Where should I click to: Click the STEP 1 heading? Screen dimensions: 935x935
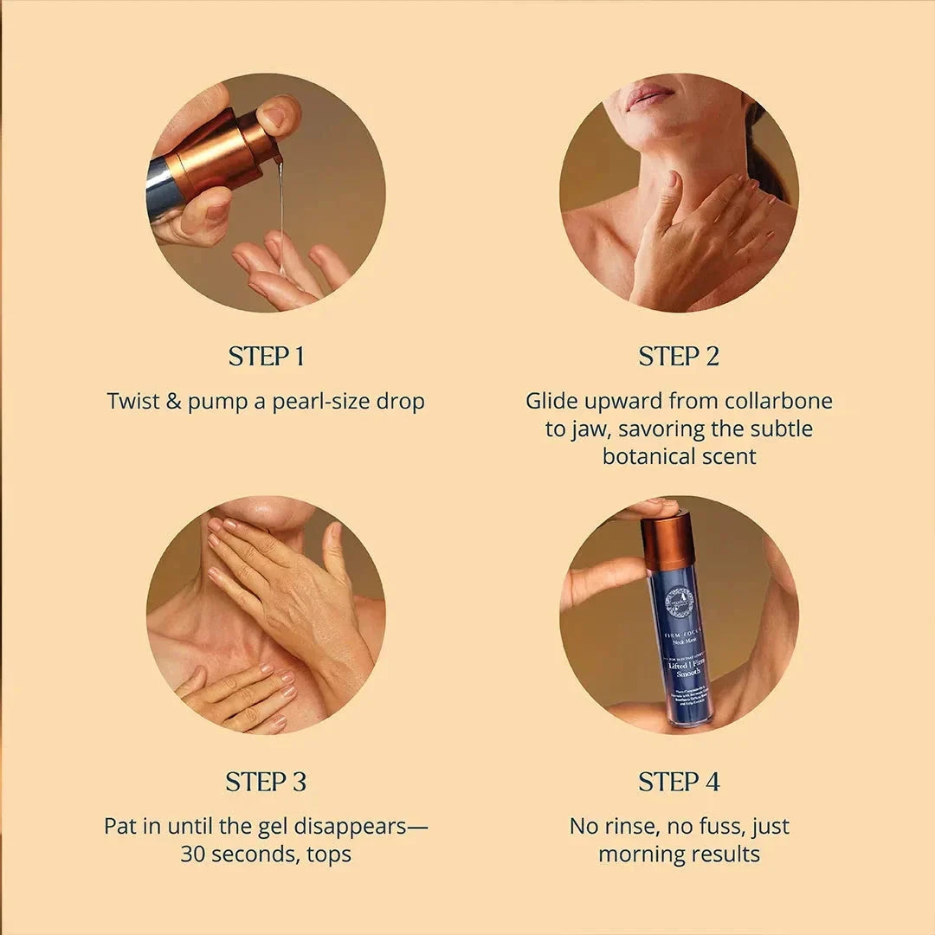(x=266, y=357)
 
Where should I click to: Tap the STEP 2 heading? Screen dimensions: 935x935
(x=679, y=357)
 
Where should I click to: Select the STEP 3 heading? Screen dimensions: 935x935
(x=266, y=782)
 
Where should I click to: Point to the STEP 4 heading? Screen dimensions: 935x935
(x=679, y=782)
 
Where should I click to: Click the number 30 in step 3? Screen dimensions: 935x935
(x=193, y=854)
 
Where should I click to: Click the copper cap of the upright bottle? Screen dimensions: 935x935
(x=667, y=541)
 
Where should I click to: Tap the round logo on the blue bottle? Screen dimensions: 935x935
(x=680, y=601)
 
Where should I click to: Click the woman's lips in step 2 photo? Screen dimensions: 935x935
(x=649, y=95)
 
